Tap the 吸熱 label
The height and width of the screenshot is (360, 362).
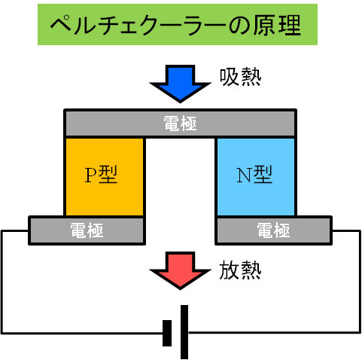240,78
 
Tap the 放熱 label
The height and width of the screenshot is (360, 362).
240,270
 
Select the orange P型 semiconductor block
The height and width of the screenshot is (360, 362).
105,176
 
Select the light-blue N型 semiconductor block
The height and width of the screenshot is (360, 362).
256,176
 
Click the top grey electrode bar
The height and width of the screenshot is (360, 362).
180,123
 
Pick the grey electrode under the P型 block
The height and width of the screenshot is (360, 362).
87,230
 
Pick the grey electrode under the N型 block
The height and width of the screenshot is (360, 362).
274,230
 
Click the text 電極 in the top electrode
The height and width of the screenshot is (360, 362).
180,124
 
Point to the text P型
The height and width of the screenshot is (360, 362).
101,175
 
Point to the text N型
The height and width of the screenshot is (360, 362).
254,175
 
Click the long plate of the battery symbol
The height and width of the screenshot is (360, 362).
184,332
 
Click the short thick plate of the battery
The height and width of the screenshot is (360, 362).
167,333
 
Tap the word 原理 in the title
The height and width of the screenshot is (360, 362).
277,25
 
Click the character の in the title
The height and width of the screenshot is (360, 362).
239,25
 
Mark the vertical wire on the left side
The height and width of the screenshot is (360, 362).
2,282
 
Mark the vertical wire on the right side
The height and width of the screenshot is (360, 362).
360,282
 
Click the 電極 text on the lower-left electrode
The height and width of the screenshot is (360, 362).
87,230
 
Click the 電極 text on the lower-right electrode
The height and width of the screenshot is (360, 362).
274,230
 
